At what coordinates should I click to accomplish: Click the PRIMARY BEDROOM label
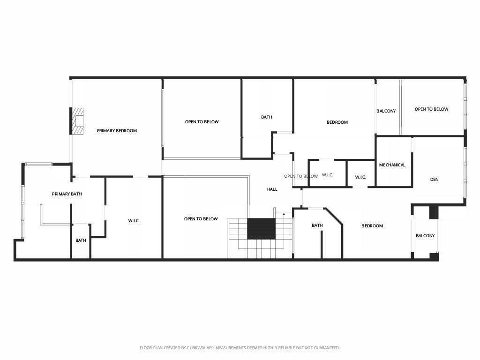pyautogui.click(x=117, y=131)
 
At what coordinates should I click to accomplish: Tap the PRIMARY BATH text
pyautogui.click(x=67, y=194)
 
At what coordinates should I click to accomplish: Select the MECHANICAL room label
pyautogui.click(x=392, y=165)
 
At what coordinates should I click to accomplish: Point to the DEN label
pyautogui.click(x=434, y=180)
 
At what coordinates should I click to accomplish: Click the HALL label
pyautogui.click(x=272, y=189)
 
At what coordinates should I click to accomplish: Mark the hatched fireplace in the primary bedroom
pyautogui.click(x=77, y=121)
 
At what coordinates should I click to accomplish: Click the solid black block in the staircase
pyautogui.click(x=261, y=229)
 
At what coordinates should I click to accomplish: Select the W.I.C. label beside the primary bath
pyautogui.click(x=134, y=221)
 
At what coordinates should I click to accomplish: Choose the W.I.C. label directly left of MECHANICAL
pyautogui.click(x=360, y=177)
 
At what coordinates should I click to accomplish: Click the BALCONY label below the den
pyautogui.click(x=425, y=236)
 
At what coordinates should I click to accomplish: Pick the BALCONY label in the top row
pyautogui.click(x=386, y=111)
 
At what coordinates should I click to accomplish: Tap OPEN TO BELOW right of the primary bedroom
pyautogui.click(x=202, y=122)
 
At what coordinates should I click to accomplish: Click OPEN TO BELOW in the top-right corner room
pyautogui.click(x=431, y=109)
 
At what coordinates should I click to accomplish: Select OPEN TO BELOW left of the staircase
pyautogui.click(x=201, y=219)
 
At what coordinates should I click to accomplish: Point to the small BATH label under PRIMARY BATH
pyautogui.click(x=81, y=240)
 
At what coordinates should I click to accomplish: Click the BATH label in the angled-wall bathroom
pyautogui.click(x=317, y=225)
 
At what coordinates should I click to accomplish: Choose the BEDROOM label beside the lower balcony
pyautogui.click(x=372, y=226)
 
